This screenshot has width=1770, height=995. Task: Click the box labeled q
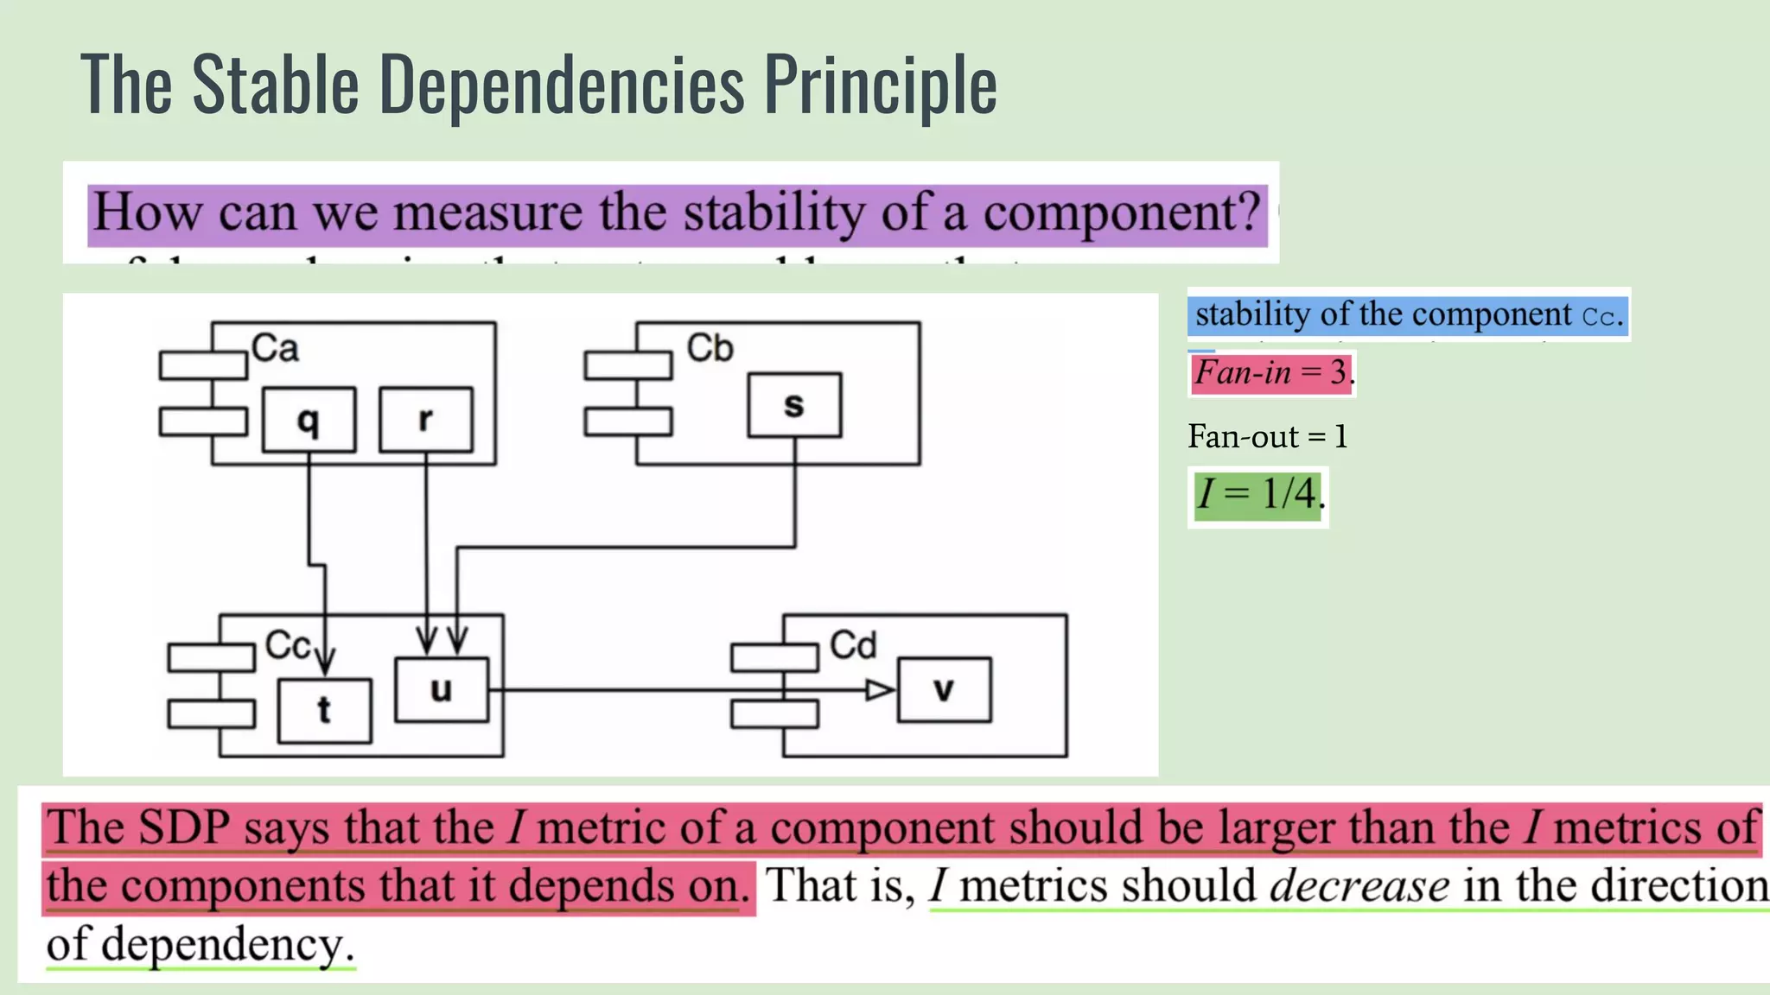[x=309, y=420]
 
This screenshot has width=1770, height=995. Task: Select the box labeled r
[x=426, y=420]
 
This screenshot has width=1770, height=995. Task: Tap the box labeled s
[x=794, y=405]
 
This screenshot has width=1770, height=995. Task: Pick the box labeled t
[x=324, y=711]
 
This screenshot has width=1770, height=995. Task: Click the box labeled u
[x=441, y=689]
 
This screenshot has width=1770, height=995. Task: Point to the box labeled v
[x=944, y=689]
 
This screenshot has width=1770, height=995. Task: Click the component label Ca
[x=275, y=348]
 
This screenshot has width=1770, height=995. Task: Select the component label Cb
[x=710, y=348]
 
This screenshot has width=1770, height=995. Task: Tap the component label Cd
[x=852, y=645]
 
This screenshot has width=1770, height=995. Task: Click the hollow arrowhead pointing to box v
[x=880, y=690]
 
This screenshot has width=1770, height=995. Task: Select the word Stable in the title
[x=275, y=85]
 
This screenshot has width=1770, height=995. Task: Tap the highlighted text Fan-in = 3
[x=1270, y=373]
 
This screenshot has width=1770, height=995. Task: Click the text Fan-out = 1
[x=1267, y=437]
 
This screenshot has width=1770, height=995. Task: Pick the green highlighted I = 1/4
[x=1257, y=495]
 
